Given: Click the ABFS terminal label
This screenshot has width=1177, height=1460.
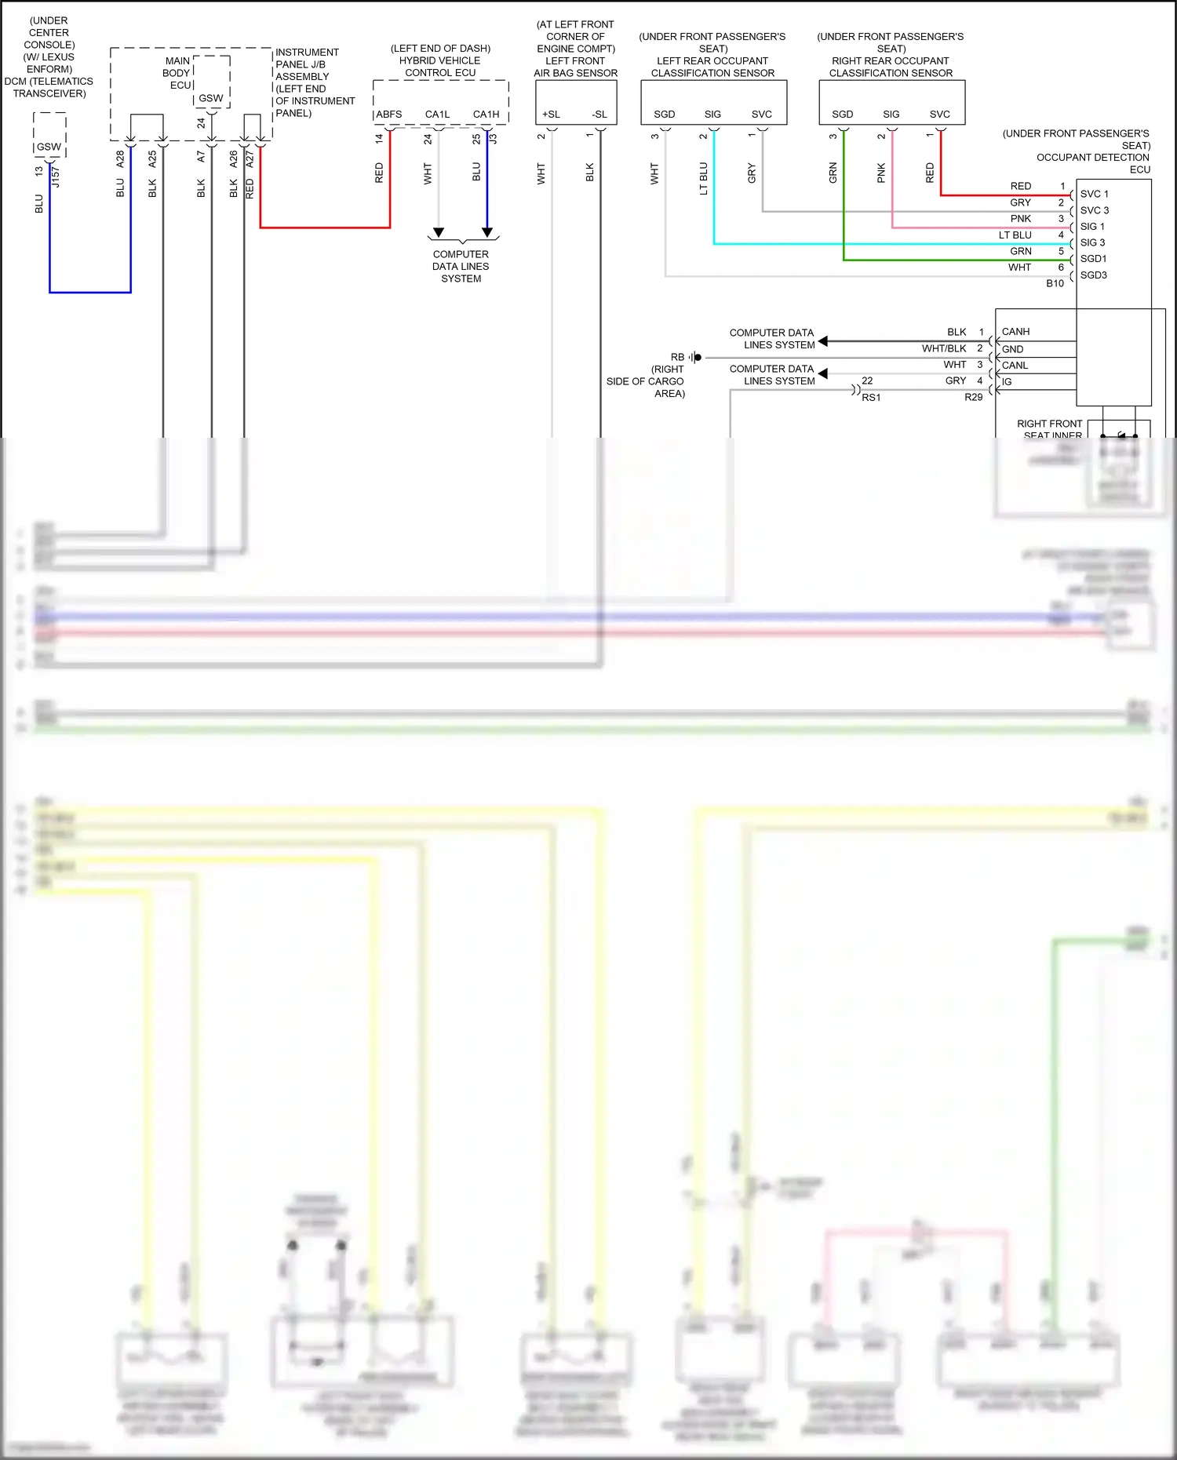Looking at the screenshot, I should [388, 115].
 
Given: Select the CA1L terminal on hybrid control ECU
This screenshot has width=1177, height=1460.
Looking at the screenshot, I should [437, 115].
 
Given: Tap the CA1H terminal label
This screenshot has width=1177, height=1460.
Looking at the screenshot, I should [486, 115].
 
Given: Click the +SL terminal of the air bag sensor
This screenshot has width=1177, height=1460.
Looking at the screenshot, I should [551, 115].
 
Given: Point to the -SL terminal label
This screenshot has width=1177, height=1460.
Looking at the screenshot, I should [599, 115].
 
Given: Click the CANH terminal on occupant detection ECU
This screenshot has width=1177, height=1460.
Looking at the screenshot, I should [1015, 332].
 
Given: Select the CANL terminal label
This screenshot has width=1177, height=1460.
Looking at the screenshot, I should [1015, 366].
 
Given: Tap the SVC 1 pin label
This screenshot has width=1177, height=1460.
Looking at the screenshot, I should [1094, 194].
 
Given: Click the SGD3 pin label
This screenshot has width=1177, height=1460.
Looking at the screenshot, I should [1093, 275].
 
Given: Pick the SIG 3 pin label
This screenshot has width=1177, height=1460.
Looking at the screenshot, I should [1092, 242].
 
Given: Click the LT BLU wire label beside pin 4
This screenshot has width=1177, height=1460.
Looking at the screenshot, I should [1015, 235].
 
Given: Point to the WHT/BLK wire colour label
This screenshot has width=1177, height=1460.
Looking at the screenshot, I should [944, 348].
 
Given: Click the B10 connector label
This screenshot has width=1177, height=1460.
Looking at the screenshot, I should [1055, 283].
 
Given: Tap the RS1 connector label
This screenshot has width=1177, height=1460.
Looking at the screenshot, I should [871, 398].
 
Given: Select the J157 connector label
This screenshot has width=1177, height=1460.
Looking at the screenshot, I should [56, 177].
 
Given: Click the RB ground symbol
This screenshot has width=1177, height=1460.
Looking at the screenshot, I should [696, 357].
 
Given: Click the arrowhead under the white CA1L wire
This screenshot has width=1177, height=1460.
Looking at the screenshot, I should [439, 232].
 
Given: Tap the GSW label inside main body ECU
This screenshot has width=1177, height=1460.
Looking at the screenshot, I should [210, 98].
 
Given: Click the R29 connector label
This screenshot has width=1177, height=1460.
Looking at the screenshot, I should [973, 397].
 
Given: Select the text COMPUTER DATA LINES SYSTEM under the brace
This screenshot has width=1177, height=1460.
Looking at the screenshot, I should [461, 267].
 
